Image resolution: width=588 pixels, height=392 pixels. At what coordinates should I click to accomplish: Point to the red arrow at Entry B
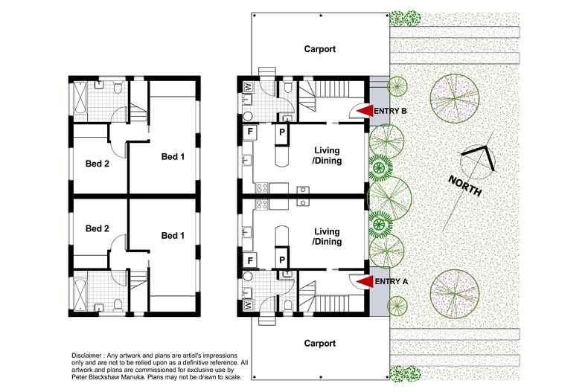click(362, 111)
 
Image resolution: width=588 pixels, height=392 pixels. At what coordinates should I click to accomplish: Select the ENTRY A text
click(391, 282)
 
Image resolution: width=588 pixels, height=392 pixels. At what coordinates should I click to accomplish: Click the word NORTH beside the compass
click(465, 184)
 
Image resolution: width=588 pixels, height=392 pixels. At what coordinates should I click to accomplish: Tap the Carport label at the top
click(320, 50)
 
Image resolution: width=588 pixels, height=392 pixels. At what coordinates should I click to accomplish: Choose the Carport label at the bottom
click(320, 344)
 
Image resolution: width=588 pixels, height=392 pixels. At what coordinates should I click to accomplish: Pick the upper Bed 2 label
click(98, 164)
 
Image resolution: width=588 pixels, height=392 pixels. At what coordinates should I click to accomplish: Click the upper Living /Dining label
click(327, 156)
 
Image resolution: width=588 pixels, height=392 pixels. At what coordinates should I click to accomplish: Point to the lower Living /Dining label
click(327, 237)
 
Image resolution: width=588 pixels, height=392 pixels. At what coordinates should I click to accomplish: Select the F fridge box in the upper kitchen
click(251, 132)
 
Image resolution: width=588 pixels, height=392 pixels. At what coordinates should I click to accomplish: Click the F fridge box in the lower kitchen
click(251, 260)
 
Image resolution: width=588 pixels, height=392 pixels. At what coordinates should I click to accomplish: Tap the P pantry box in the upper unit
click(282, 132)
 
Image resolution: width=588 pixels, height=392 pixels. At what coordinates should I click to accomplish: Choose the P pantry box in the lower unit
click(282, 260)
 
